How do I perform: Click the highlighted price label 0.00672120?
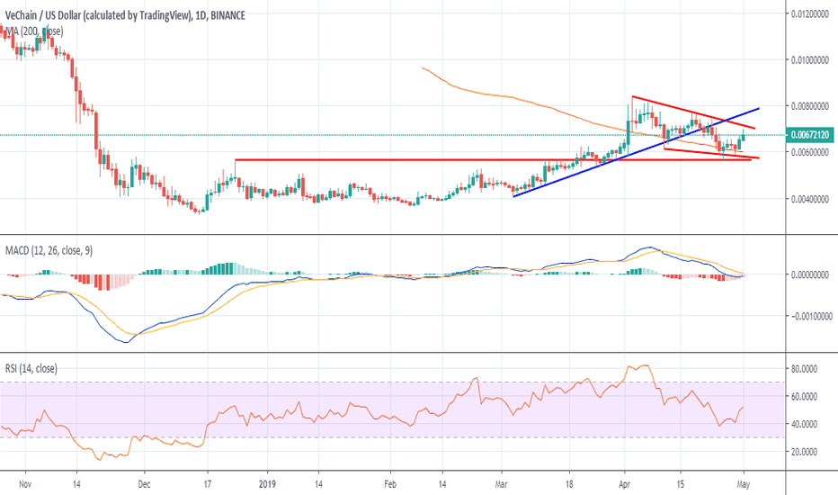(811, 135)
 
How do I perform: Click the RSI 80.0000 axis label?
(807, 368)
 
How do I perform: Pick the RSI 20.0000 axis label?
(807, 451)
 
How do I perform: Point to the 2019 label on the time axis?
(268, 482)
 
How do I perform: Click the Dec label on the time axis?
(144, 482)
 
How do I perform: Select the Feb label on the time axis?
(390, 482)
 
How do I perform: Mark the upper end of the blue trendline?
(759, 107)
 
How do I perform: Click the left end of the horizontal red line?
(236, 160)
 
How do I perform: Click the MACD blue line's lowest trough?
(122, 342)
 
